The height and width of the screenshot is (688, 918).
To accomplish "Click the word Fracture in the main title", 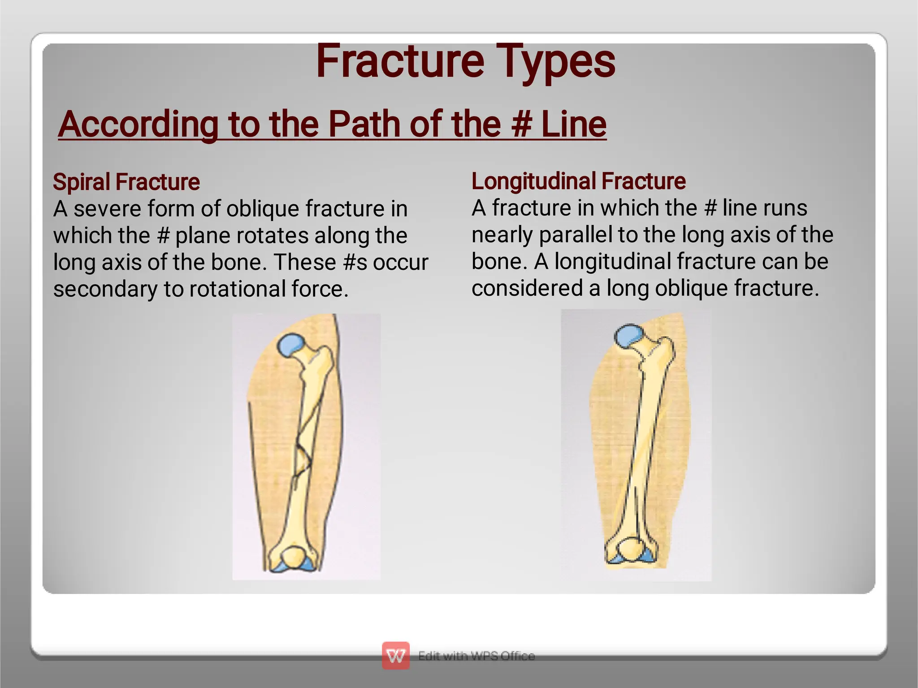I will [400, 61].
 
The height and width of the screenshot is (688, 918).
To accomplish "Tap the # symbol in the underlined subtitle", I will [521, 124].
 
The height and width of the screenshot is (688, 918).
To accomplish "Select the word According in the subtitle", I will [138, 124].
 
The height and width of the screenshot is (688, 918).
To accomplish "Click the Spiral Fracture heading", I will [126, 182].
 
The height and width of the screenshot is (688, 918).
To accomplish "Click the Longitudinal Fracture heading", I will [578, 181].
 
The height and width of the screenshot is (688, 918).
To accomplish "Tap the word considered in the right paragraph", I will [527, 288].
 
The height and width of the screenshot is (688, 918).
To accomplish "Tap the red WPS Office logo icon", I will [395, 655].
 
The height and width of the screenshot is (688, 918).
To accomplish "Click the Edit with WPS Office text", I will [476, 656].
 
